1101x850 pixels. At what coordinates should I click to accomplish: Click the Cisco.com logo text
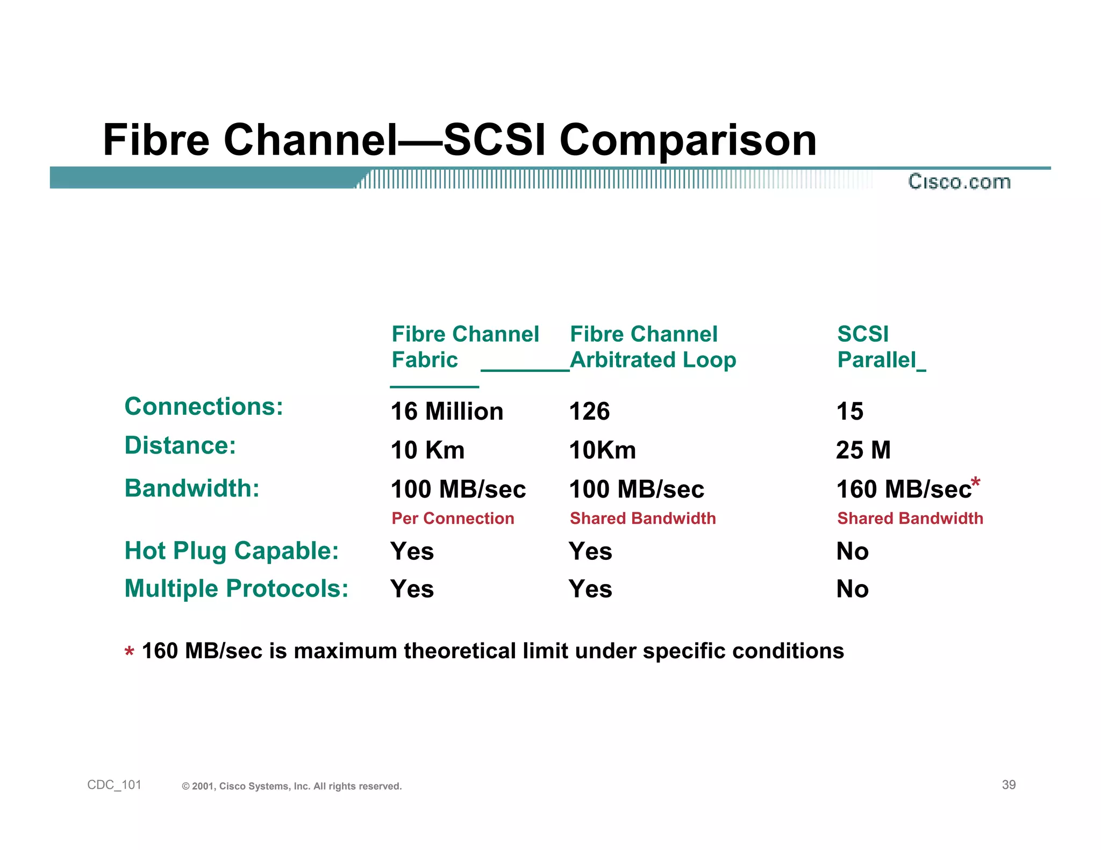[959, 182]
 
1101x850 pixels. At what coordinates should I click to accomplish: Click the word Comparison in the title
[688, 140]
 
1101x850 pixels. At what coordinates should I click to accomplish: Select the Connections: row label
[204, 406]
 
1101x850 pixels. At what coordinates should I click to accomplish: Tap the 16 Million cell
[447, 412]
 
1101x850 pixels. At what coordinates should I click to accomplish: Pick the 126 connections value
[589, 412]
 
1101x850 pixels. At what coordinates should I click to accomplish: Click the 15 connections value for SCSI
[849, 412]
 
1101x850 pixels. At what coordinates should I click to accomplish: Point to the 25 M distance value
[863, 450]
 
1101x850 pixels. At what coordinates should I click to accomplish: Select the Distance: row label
[180, 445]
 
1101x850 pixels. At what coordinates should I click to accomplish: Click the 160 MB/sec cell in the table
[903, 489]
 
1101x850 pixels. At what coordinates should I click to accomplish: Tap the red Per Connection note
[453, 518]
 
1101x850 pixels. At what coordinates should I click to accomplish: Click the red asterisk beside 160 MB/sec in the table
[976, 481]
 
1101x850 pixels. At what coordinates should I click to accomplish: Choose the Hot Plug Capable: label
[232, 551]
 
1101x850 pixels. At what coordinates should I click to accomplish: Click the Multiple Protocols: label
[237, 588]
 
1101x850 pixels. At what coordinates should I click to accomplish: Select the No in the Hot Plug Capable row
[852, 551]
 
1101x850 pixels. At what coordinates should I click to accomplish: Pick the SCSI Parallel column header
[876, 347]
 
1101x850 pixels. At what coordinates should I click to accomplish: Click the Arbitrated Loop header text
[653, 360]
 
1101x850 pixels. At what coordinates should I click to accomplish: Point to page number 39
[1009, 785]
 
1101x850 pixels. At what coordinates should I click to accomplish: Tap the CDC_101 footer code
[114, 785]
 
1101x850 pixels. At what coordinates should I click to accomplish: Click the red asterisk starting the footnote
[129, 652]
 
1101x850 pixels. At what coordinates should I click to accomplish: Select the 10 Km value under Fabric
[427, 450]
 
